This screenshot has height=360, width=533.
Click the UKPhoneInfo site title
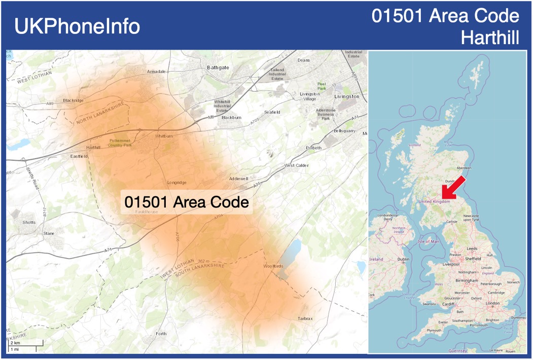[77, 26]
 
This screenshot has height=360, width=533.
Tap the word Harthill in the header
[490, 38]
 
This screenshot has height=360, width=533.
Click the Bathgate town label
[218, 67]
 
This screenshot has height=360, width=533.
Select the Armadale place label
[156, 71]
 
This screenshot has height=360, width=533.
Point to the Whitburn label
[164, 136]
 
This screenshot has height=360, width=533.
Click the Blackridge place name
[74, 100]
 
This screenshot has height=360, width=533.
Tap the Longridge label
[177, 183]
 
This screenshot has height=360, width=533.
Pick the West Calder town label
[296, 165]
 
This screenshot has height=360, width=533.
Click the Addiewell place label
[238, 179]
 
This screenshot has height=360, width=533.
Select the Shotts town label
[29, 222]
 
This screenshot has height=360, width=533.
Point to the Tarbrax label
[305, 318]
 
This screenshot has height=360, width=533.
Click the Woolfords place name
[273, 266]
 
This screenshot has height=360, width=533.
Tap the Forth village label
[161, 334]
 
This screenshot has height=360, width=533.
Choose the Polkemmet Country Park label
[120, 142]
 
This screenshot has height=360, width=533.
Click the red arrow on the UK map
[452, 187]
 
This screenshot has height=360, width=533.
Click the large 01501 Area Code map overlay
[187, 202]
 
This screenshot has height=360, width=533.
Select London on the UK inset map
[492, 303]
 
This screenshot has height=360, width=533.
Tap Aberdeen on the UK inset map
[464, 168]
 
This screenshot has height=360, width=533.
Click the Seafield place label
[272, 112]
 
